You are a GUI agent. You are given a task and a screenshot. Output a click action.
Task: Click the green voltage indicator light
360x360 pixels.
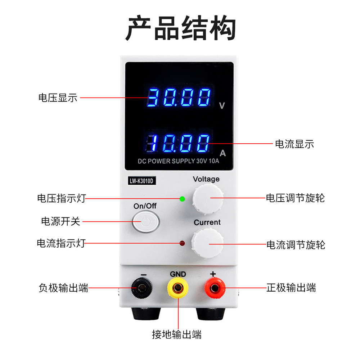click(182, 199)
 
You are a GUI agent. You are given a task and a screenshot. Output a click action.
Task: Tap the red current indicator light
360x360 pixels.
click(182, 243)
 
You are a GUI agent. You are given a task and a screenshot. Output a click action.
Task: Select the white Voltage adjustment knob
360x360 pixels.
click(208, 198)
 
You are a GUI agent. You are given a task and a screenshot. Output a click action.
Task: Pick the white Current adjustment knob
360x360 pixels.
click(207, 244)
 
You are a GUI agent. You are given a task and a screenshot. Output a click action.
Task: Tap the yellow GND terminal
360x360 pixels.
click(177, 288)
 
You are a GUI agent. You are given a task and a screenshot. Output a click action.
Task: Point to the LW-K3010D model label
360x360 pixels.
click(141, 181)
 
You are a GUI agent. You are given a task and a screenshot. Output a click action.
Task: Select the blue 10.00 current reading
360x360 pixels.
click(179, 143)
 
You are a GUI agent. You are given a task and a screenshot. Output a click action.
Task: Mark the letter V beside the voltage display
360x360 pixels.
click(222, 106)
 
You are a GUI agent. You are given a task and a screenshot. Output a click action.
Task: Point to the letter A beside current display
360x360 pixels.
click(222, 153)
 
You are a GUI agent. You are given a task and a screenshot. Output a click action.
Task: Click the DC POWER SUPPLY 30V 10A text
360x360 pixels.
click(179, 161)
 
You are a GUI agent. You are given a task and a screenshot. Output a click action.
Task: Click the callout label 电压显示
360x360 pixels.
click(58, 98)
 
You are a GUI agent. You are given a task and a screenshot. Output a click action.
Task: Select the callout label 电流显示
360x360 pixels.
click(294, 144)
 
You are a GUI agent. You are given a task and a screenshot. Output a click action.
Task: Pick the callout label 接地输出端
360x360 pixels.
click(176, 334)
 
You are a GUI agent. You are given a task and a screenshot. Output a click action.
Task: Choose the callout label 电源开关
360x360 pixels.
click(60, 221)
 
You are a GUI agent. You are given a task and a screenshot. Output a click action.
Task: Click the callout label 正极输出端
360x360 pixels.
click(291, 288)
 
